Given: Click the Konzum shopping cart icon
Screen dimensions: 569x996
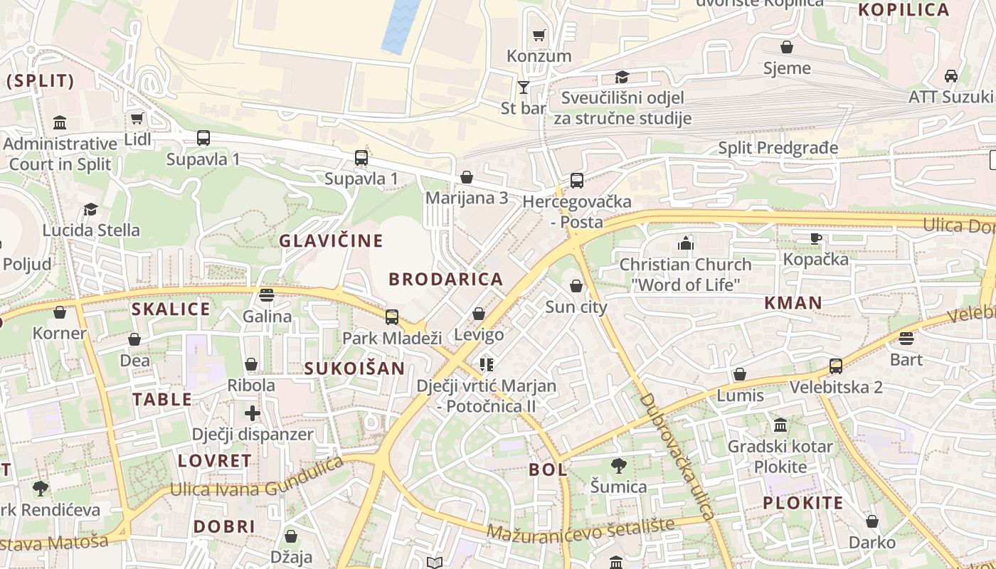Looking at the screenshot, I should coord(539,35).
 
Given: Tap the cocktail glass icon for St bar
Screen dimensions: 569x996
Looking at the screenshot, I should coord(524,87).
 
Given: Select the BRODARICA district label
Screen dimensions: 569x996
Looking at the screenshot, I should coord(445,279).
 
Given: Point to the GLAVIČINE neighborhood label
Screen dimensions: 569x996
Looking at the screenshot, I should coord(331,240).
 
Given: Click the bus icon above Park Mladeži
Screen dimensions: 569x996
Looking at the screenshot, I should coord(392,317).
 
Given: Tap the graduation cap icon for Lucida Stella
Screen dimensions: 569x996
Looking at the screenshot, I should coord(90,209).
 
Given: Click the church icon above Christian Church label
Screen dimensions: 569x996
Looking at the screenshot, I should coord(685,243).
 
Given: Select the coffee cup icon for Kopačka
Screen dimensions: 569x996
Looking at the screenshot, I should coord(815,238).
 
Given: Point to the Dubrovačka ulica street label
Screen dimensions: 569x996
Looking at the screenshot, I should coord(677,457).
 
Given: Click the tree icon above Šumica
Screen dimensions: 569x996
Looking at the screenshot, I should coord(619,466).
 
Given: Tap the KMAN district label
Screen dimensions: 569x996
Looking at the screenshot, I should coord(793,303).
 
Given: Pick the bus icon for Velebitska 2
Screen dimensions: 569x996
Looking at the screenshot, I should coord(836,366).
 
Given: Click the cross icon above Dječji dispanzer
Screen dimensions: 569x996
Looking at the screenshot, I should coord(253,413).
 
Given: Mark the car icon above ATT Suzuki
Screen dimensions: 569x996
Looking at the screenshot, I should coord(950,75).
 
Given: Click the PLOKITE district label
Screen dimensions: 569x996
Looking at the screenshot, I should coord(802,504).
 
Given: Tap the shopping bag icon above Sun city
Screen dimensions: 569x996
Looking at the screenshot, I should coord(576,286).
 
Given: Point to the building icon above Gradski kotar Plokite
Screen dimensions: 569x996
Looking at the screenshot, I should coord(780,425).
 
